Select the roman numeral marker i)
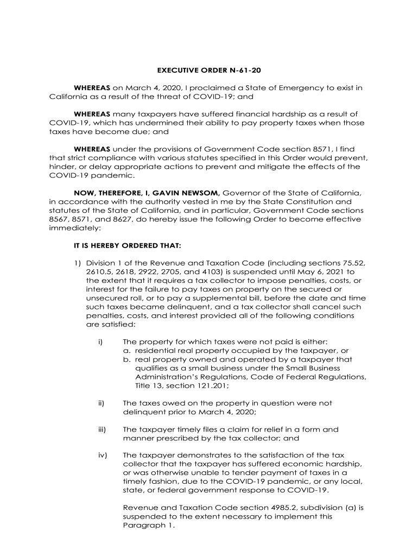(x=100, y=342)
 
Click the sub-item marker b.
(x=127, y=359)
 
